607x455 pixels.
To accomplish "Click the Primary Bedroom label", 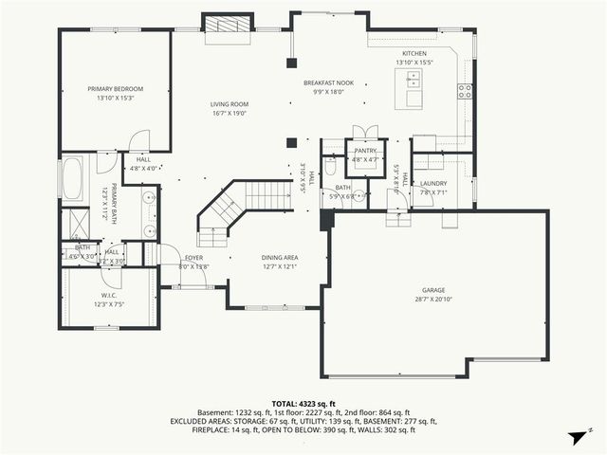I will click(115, 89).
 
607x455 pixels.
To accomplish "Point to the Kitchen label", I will click(414, 54).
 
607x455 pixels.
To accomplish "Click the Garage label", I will click(433, 290).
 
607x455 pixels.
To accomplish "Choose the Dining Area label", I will click(280, 258).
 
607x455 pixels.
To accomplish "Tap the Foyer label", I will click(193, 258).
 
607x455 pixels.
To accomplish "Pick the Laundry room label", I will click(432, 183).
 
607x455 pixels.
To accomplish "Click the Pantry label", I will click(365, 151).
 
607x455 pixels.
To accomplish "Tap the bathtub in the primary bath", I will click(73, 177).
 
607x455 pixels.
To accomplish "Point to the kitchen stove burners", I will click(465, 91).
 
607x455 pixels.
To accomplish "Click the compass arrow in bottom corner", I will click(576, 437).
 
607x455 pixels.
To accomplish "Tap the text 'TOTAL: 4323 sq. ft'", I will click(303, 404).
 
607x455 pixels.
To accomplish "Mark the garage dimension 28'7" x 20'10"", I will click(433, 300).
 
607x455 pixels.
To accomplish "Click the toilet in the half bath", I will click(331, 167).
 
